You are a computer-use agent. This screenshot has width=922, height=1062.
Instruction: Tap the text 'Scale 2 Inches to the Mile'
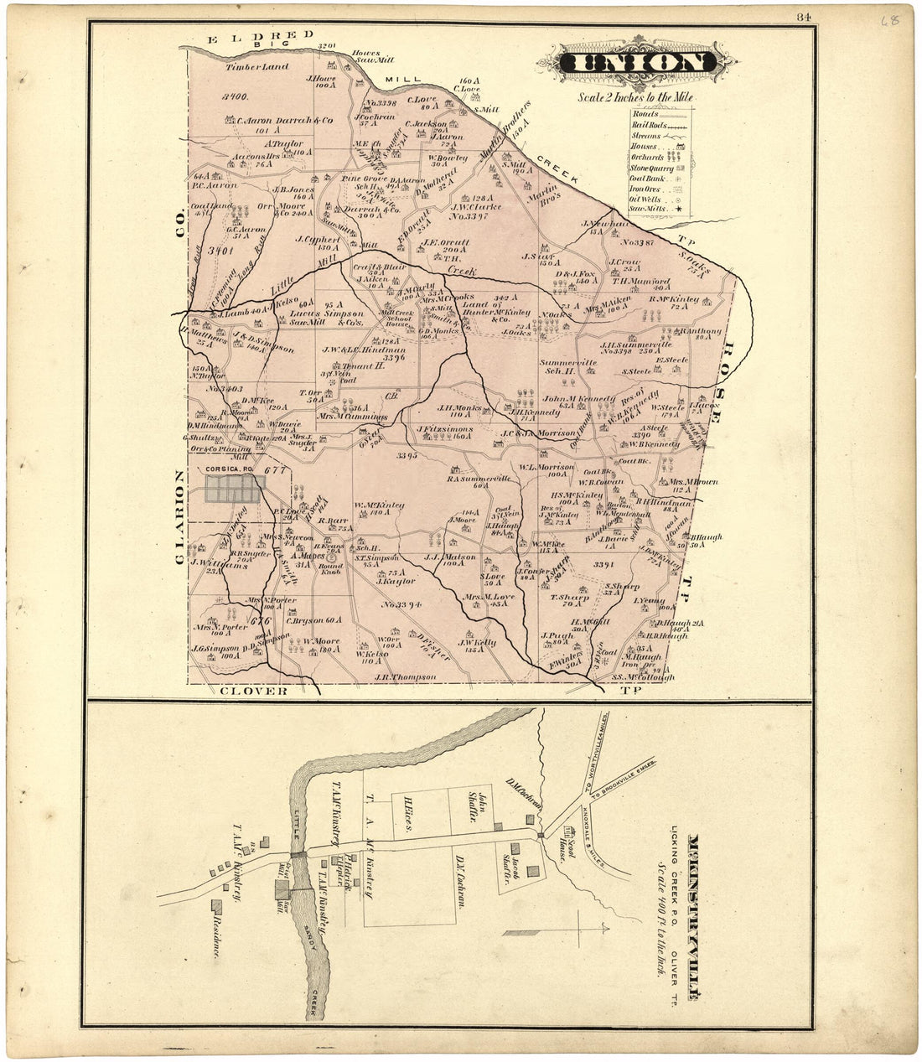click(635, 97)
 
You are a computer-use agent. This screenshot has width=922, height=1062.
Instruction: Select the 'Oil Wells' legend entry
click(647, 199)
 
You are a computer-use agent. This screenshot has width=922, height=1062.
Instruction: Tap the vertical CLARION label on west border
click(179, 520)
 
